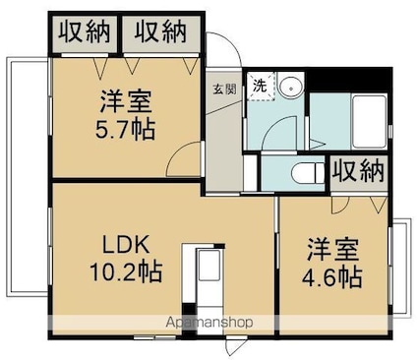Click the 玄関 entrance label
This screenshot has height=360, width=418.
(225, 89)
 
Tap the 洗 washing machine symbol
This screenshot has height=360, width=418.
(261, 87)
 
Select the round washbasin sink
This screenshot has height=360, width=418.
(290, 86)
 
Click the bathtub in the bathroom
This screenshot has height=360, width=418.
(369, 121)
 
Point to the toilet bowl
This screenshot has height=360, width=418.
(308, 173)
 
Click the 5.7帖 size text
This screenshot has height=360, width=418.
(125, 130)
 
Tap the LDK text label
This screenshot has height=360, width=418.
(126, 245)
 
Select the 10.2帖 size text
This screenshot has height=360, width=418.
(126, 271)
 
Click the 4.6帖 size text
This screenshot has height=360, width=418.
(331, 277)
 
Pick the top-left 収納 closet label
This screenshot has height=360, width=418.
(85, 32)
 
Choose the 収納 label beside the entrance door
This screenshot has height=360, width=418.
(160, 32)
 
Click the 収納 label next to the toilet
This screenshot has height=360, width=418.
(358, 171)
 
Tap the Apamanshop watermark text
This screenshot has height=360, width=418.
(209, 323)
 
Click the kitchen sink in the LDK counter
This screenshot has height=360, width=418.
(209, 265)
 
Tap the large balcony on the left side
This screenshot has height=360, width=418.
(28, 177)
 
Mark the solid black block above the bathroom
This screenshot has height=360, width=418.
(349, 80)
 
